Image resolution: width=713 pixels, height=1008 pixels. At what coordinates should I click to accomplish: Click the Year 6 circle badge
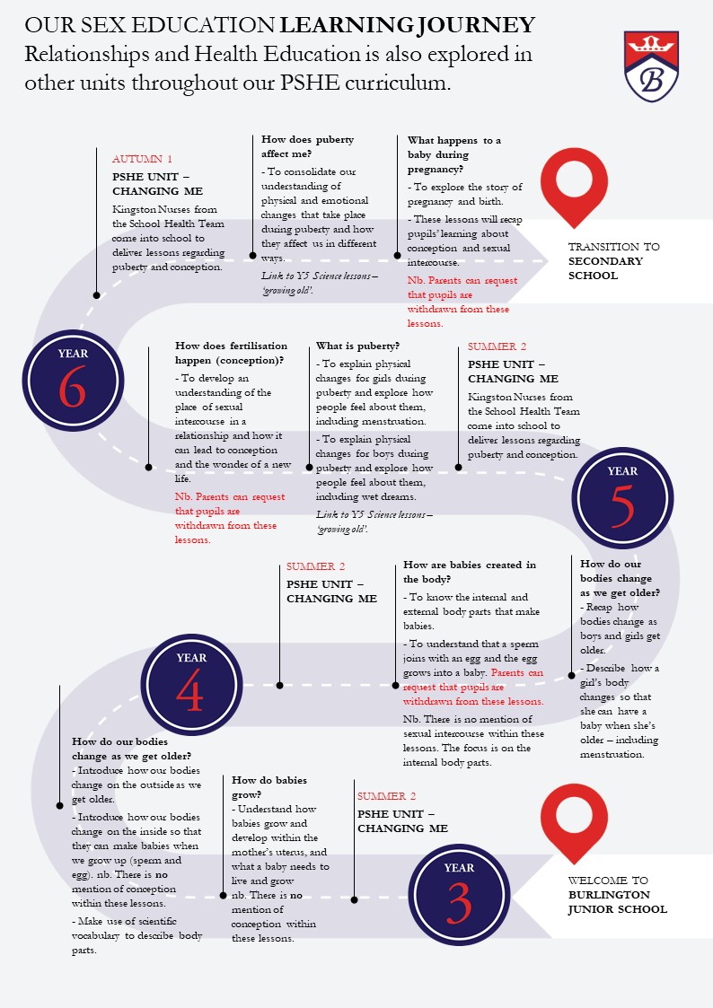pos(73,381)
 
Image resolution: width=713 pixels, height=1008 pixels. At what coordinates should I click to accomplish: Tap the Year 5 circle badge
pos(622,498)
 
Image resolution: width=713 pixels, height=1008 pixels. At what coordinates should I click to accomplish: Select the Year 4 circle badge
pos(191,685)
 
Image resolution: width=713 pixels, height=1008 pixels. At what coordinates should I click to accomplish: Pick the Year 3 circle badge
pos(459,895)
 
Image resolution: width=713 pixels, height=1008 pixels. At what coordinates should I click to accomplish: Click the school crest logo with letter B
pos(651,66)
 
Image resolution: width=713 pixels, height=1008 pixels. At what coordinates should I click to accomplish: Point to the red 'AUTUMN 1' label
pos(142,159)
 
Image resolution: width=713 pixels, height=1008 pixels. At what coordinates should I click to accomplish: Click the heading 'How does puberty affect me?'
pos(307,146)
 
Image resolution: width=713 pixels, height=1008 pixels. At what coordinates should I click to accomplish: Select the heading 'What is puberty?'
pos(357,346)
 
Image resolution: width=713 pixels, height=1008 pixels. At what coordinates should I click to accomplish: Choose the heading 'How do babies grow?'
pos(269,787)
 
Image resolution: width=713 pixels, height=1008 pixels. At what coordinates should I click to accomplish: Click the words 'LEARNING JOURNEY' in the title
pos(407,25)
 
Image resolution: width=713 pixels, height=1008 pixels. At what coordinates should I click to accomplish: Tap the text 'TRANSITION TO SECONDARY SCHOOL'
pos(614,261)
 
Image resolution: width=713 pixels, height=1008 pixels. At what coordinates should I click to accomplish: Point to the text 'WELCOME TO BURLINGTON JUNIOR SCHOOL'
pos(617,895)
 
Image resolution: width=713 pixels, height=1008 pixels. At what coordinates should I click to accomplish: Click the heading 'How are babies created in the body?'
pos(470,572)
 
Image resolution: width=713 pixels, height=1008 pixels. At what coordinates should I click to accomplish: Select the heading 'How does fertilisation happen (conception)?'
pos(232,353)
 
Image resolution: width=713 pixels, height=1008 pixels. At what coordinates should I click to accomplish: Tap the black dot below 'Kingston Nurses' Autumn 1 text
pos(96,295)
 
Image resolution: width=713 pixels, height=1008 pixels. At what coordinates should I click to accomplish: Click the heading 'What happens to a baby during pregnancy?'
pos(454,154)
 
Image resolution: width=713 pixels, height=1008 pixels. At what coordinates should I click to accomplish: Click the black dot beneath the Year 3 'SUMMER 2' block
pos(354,900)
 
